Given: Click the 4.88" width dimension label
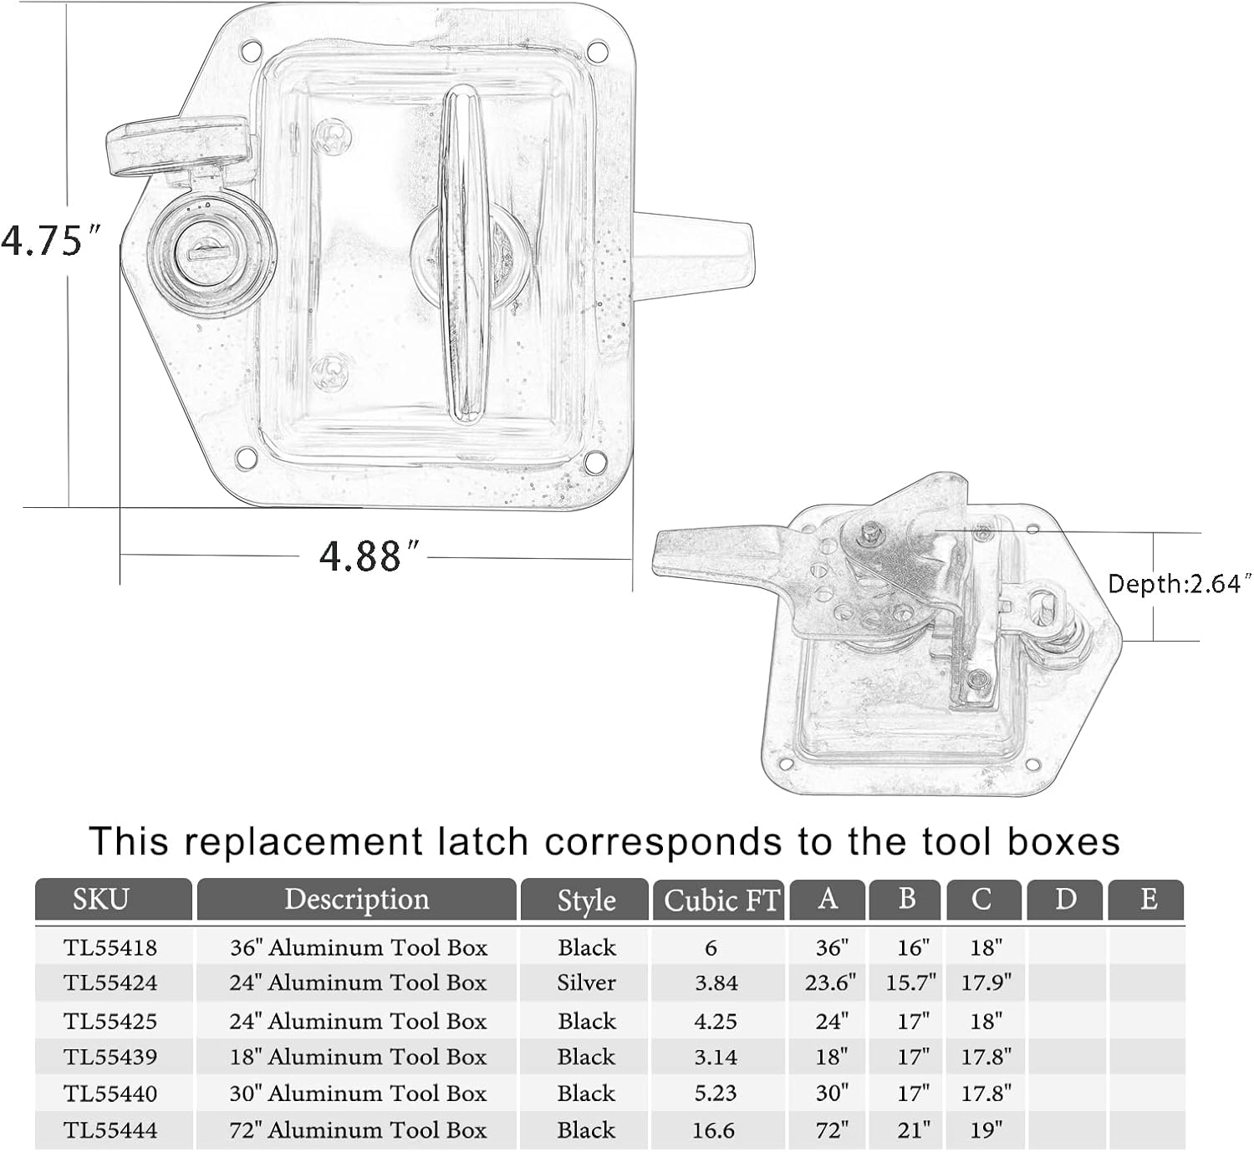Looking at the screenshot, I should coord(369,556).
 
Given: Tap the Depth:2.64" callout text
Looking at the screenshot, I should coord(1179,583).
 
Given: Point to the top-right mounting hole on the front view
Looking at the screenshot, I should coord(596,52).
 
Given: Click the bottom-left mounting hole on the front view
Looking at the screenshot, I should coord(246,458).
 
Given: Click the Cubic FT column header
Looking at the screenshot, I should coord(719,901).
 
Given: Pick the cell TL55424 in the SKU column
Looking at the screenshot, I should coord(110,982).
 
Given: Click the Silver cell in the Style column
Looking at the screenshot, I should coord(585,982).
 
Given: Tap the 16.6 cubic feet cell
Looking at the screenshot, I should coord(713,1130).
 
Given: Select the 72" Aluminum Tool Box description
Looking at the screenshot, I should coord(358,1130).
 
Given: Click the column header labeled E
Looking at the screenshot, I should coord(1147,900).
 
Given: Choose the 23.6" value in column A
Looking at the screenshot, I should coord(829,982).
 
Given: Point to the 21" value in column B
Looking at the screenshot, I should coord(912,1130).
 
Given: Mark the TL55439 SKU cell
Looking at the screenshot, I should coord(110,1057).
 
